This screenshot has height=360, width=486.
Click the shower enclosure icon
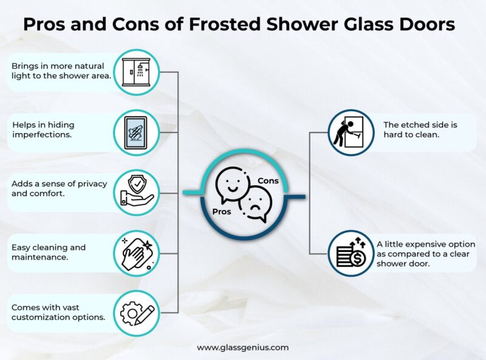coord(137,72)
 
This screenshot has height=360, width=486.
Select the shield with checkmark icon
coord(137,191)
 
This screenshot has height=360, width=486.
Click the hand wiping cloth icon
coord(137,252)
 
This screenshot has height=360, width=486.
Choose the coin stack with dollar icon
coord(349,252)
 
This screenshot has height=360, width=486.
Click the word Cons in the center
coord(268,181)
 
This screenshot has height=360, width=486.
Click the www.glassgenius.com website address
coord(243,348)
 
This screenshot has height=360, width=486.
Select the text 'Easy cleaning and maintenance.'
coord(49,252)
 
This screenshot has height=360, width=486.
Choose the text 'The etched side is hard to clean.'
coord(420,130)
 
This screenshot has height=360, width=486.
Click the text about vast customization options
coord(58,312)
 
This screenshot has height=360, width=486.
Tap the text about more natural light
coord(58,71)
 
